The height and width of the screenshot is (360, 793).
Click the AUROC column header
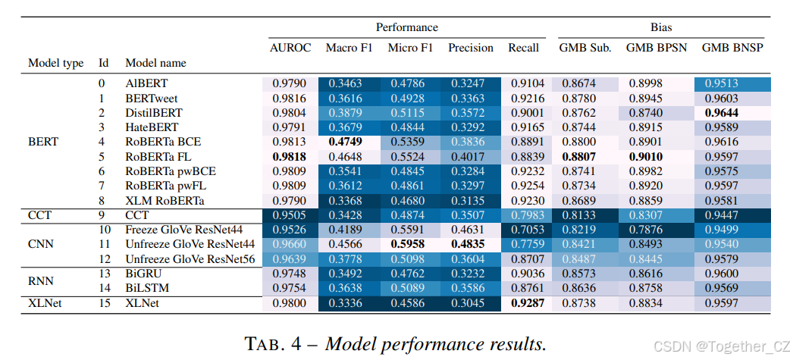pos(290,48)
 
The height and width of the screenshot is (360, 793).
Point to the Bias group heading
pos(660,27)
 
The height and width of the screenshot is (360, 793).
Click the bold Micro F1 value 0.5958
pos(410,245)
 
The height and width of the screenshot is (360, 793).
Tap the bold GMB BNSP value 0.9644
pos(732,112)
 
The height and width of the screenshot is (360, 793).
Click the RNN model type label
pos(42,281)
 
